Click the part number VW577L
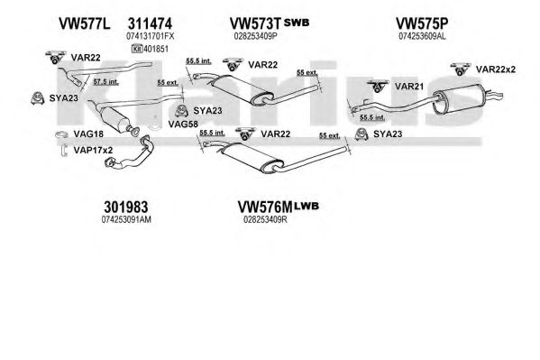coord(85,23)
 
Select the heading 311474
coord(150,23)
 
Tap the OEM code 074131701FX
coord(151,36)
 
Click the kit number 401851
coord(156,49)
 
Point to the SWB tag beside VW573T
coord(297,23)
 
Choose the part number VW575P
coord(422,23)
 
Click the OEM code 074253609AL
coord(422,36)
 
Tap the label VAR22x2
coord(496,69)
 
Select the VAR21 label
coord(409,87)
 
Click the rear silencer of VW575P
coord(458,99)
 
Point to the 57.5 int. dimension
coord(105,82)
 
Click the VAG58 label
coord(183,124)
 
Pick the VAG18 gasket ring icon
coord(61,134)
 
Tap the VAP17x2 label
coord(93,150)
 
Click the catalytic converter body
coord(115,119)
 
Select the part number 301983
coord(126,208)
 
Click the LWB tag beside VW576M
coord(307,207)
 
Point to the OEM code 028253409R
coord(265,219)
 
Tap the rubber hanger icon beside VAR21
coord(378,86)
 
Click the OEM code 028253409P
coord(255,36)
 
